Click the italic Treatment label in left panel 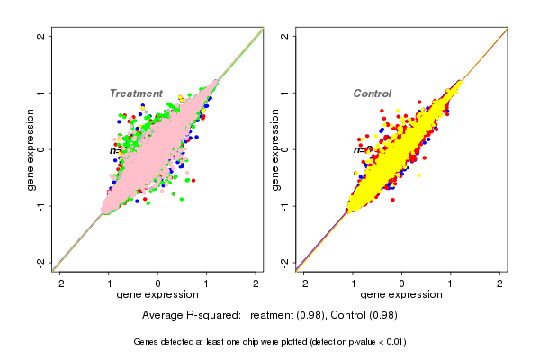136,94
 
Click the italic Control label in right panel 372,94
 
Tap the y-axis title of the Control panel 274,149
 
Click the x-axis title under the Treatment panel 157,295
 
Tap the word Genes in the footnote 148,342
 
